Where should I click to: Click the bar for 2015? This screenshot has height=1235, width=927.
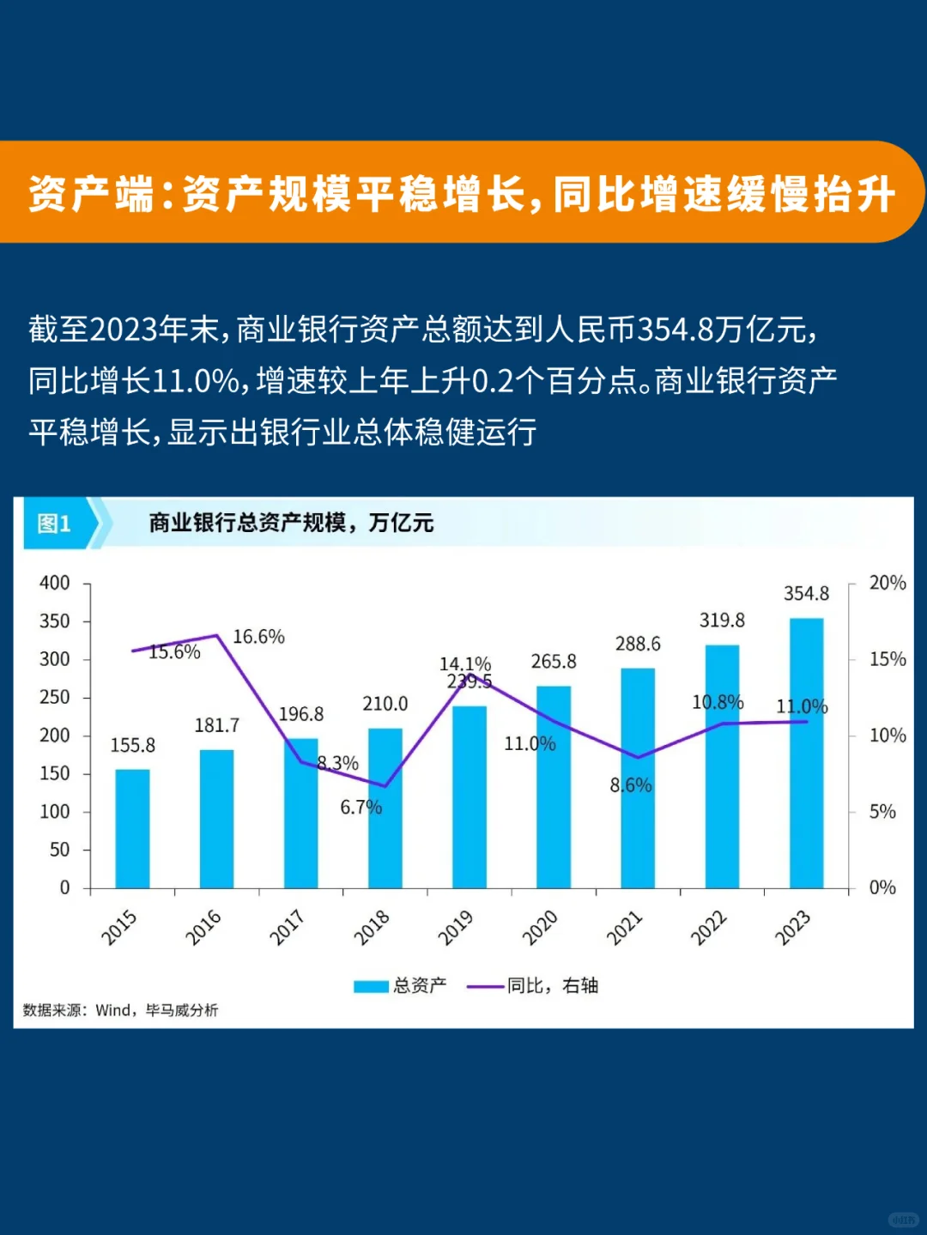click(133, 828)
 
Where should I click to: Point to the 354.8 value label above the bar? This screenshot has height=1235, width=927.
click(806, 594)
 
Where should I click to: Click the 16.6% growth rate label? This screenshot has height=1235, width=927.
click(258, 637)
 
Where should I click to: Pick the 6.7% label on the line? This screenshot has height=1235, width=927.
click(360, 807)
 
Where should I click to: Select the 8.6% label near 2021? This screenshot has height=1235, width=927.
click(631, 785)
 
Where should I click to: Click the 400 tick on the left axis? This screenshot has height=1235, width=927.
click(55, 583)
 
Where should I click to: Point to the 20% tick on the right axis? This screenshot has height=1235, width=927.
click(887, 583)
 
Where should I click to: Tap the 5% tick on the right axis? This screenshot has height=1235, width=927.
click(882, 811)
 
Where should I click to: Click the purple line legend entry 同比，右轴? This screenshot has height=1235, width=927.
click(533, 985)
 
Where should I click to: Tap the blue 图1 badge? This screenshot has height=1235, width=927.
click(55, 524)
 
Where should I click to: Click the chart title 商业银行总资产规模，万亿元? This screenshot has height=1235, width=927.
click(291, 523)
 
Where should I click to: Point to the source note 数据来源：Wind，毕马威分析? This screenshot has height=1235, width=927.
click(120, 1010)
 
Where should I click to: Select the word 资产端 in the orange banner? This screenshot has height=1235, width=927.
click(91, 194)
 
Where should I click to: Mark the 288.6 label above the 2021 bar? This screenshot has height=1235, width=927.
click(638, 644)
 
